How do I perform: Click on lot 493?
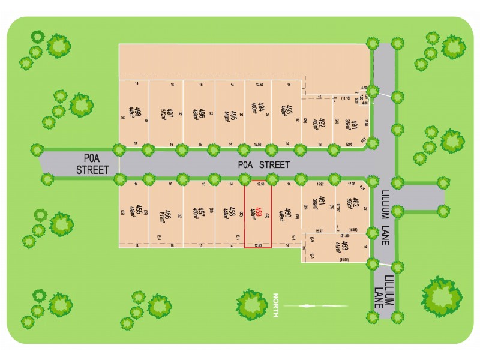[x=289, y=112]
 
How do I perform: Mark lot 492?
[x=322, y=124]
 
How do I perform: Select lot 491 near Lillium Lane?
[x=355, y=125]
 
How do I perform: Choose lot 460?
[x=289, y=212]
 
